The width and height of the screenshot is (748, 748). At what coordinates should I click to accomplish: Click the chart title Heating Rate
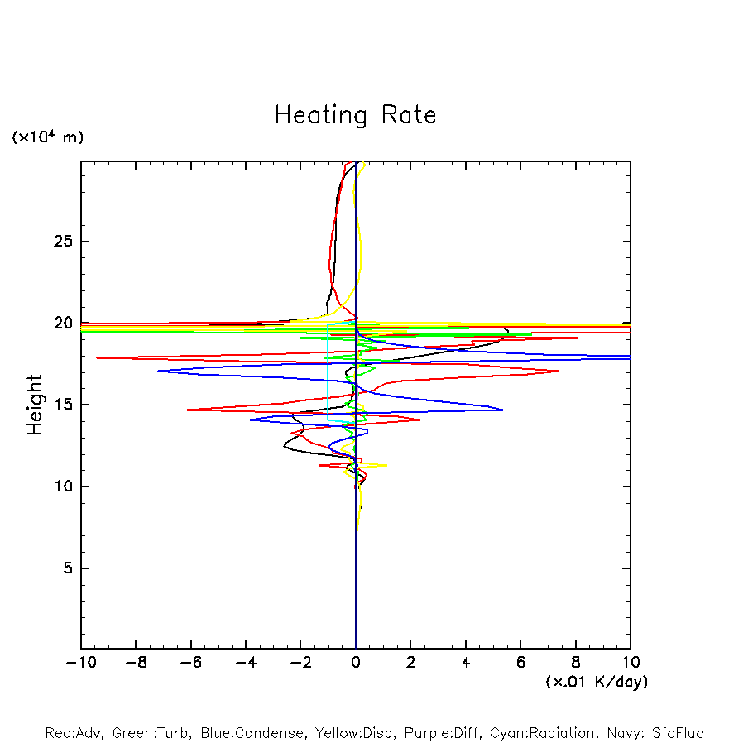pos(355,115)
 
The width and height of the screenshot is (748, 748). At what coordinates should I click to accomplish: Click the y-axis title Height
pos(35,405)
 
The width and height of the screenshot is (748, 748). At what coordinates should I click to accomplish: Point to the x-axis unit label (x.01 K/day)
pos(597,682)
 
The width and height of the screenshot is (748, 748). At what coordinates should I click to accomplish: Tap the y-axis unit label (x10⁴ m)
pos(47,137)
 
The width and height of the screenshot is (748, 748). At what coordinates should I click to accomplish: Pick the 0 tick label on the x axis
pos(356,663)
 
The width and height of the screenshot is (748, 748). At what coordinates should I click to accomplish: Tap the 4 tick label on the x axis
pos(466,663)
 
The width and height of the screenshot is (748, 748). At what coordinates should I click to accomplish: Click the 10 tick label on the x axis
pos(631,663)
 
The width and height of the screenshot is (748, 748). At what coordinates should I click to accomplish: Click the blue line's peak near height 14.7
pos(502,410)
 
